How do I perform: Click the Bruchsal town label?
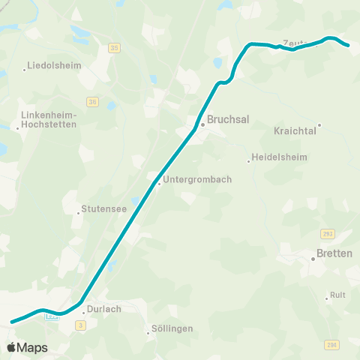(228, 118)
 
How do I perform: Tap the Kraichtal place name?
(297, 130)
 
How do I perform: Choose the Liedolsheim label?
(54, 66)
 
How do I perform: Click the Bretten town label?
(335, 253)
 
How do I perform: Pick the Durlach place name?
(103, 307)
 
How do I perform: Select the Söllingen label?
(173, 328)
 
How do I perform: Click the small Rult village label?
(337, 295)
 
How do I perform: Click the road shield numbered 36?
(92, 102)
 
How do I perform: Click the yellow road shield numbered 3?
(80, 325)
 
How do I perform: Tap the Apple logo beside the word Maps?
(11, 347)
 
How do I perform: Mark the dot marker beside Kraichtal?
(319, 125)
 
